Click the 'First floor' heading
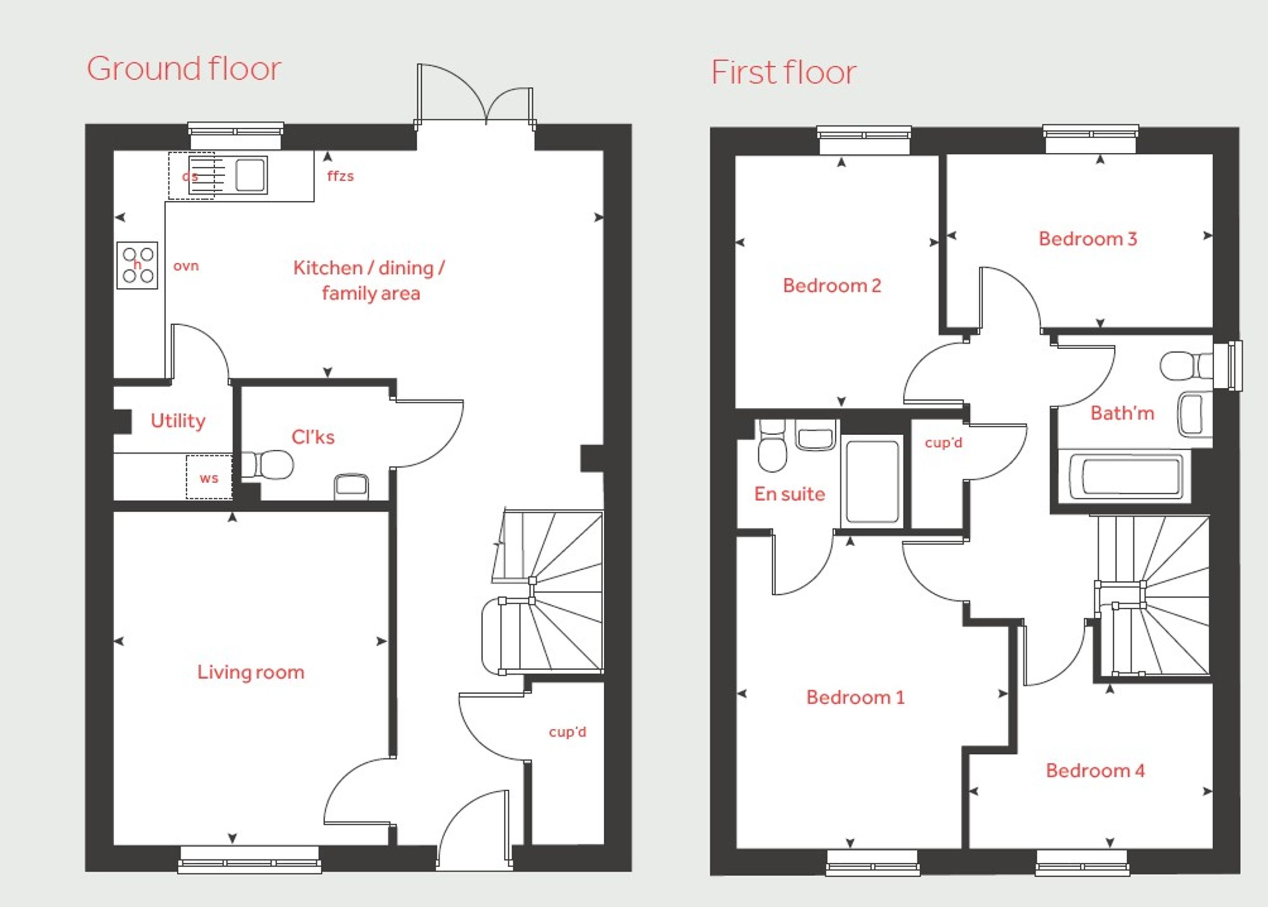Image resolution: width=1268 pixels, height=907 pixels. coord(783,73)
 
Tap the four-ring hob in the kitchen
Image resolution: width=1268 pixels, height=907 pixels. coord(137,265)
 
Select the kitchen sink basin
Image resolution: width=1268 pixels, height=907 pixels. coord(250,175)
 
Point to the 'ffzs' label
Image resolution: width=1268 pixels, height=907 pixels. coord(341,176)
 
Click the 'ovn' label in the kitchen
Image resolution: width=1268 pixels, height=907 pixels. coord(186,266)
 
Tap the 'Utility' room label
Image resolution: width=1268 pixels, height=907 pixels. coord(178,420)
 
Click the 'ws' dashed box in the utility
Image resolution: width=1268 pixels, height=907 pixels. coord(209,477)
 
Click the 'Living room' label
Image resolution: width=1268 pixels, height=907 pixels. coord(251,672)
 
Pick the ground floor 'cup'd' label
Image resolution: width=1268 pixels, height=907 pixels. coord(567,732)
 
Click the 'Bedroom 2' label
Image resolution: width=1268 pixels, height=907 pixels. coord(832,285)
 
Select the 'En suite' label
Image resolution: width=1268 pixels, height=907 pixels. coord(790,494)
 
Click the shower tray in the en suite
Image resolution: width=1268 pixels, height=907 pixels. coord(872,482)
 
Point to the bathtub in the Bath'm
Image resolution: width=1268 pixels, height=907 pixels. coord(1124,477)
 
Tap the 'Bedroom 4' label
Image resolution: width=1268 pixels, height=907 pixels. coord(1095,771)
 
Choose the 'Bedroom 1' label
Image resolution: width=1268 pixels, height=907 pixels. coord(855,697)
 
